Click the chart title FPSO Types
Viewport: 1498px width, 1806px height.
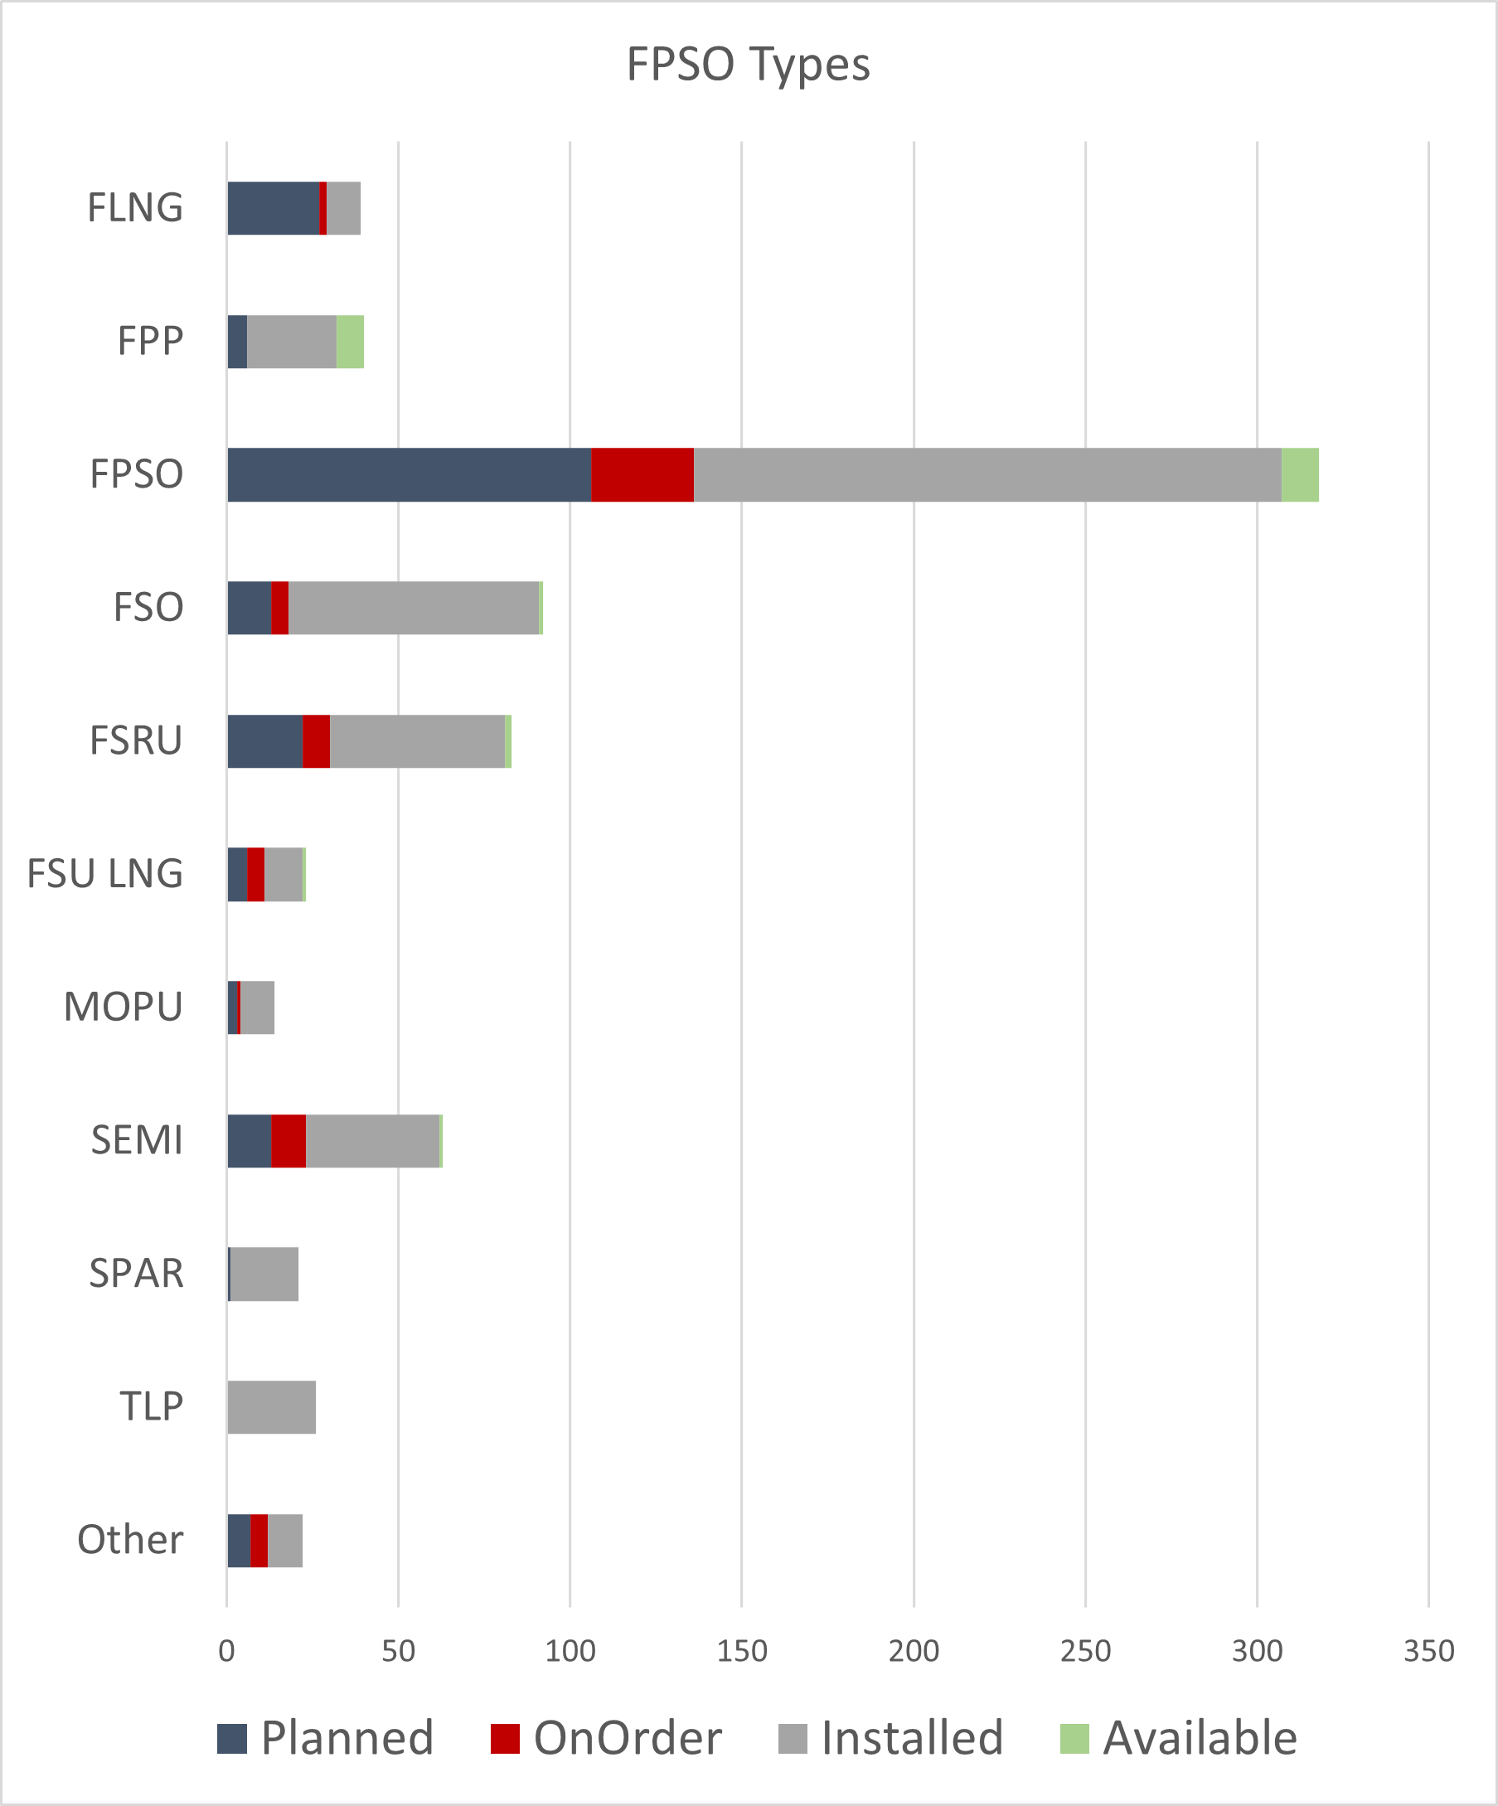pos(748,65)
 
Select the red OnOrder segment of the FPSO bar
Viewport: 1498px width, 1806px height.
pos(642,475)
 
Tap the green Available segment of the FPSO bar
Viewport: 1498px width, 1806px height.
pos(1299,475)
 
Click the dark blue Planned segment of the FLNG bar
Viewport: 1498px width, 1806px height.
pos(274,208)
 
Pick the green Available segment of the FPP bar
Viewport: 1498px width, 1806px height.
pos(350,342)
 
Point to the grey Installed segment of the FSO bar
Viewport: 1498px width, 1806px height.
pos(414,608)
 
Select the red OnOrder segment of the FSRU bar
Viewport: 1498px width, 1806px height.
pos(316,741)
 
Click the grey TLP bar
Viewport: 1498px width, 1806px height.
pos(272,1407)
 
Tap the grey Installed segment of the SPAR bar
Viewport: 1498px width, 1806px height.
pos(264,1274)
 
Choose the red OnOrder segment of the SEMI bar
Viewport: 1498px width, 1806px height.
pos(288,1141)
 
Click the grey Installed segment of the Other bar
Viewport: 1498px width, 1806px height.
pos(284,1541)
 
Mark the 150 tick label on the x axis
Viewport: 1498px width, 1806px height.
pos(741,1651)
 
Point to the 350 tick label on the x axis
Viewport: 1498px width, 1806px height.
pos(1428,1651)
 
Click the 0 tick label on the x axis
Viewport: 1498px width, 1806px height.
pos(226,1651)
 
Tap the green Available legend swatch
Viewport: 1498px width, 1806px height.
pos(1074,1738)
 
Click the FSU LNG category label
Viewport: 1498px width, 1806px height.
pos(105,874)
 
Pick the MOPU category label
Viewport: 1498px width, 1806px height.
pos(123,1007)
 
